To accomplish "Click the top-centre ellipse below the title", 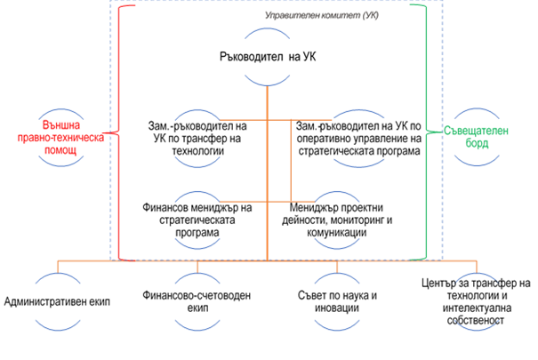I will (x=268, y=57).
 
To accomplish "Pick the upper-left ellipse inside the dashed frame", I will (x=197, y=138).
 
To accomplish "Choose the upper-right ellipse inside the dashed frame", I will (x=359, y=138).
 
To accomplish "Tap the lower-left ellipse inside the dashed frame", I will (x=197, y=219).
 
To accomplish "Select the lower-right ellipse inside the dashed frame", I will (x=337, y=219).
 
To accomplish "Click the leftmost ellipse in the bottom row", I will (x=58, y=301).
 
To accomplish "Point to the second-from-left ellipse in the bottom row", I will (x=197, y=301).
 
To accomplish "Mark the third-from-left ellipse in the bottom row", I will (x=337, y=301).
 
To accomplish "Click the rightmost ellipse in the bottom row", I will (x=478, y=301).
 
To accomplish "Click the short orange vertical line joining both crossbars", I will (x=291, y=160).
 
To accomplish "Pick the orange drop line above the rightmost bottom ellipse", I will (x=478, y=266).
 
